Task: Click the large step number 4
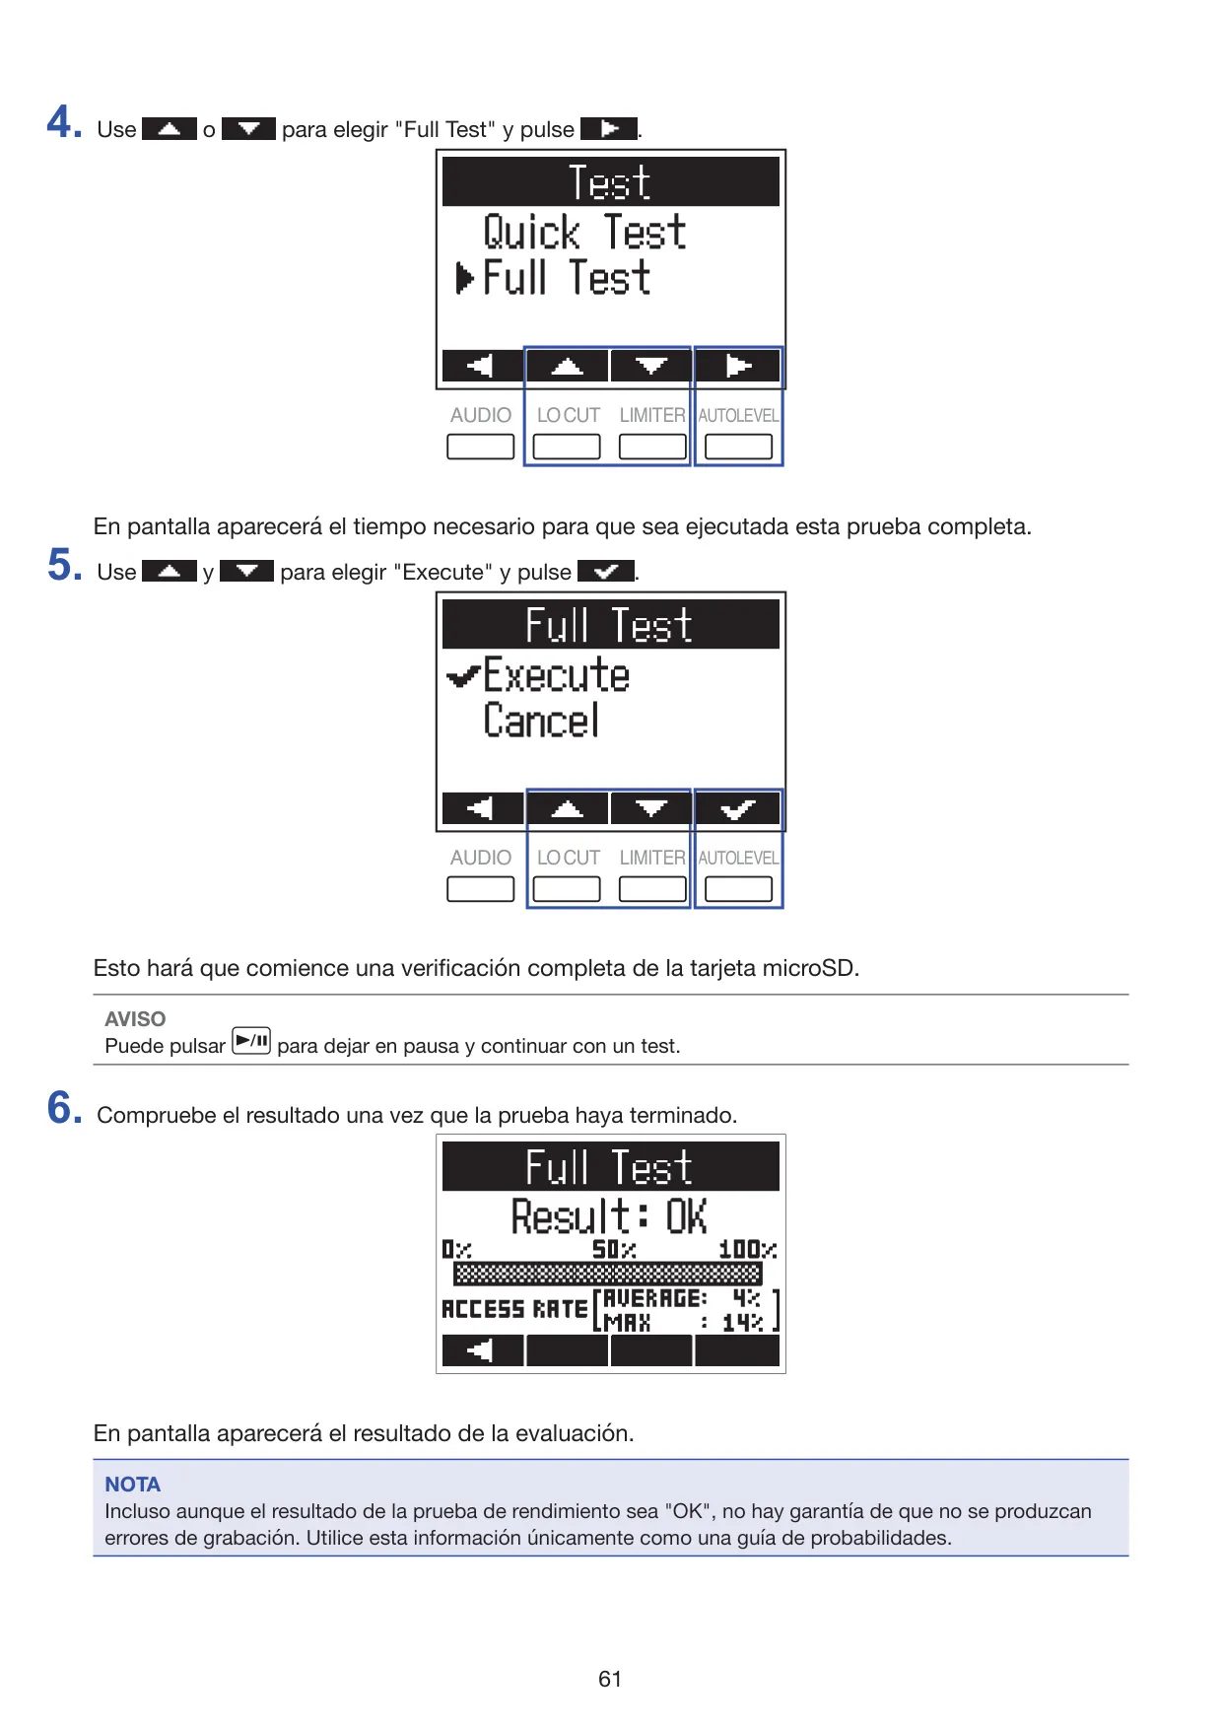tap(64, 123)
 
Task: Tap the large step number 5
tap(64, 566)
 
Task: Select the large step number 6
tap(64, 1108)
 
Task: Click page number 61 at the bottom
tap(610, 1679)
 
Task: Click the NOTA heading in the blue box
tap(132, 1485)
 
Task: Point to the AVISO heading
tap(135, 1019)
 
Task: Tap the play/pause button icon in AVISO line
tap(251, 1041)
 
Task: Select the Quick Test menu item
tap(584, 233)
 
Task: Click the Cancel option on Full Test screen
tap(541, 721)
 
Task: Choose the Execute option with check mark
tap(538, 675)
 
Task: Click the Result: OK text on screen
tap(609, 1215)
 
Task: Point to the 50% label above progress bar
tap(613, 1249)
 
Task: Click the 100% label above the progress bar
tap(747, 1249)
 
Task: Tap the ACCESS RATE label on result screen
tap(514, 1309)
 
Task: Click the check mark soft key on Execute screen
tap(738, 809)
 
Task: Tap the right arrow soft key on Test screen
tap(738, 367)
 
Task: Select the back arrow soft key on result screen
tap(482, 1350)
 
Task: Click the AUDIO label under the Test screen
tap(481, 416)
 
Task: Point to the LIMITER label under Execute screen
tap(652, 859)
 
